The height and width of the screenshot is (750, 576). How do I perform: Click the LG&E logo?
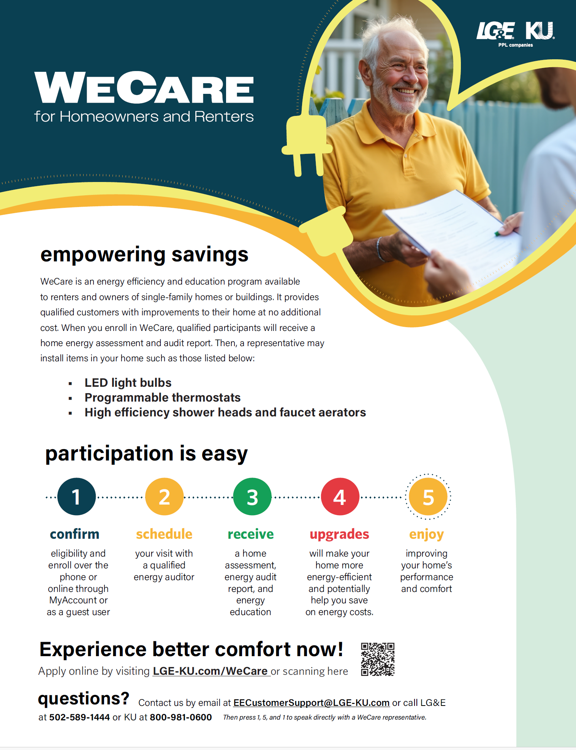(495, 31)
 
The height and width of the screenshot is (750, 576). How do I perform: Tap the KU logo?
(540, 31)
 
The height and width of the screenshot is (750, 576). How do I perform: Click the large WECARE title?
(144, 88)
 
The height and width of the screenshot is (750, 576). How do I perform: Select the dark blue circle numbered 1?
(76, 497)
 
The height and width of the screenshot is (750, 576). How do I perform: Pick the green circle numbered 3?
(252, 497)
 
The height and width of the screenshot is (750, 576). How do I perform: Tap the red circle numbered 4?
(340, 497)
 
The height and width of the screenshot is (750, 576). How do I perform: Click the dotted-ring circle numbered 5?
(428, 497)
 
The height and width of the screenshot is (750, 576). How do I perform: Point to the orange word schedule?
(164, 534)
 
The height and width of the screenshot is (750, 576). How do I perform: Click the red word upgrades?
(339, 534)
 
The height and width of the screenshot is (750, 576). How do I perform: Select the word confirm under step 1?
(74, 534)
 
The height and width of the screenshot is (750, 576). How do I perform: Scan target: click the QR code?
(378, 659)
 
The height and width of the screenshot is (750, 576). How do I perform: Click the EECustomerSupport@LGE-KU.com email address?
(311, 703)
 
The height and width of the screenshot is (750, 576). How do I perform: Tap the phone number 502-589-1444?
(79, 717)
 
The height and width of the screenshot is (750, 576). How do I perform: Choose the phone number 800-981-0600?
(181, 717)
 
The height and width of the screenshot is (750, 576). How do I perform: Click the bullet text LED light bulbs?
(128, 383)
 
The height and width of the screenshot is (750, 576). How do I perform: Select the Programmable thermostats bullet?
(163, 397)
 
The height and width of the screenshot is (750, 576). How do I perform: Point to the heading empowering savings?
(144, 255)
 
